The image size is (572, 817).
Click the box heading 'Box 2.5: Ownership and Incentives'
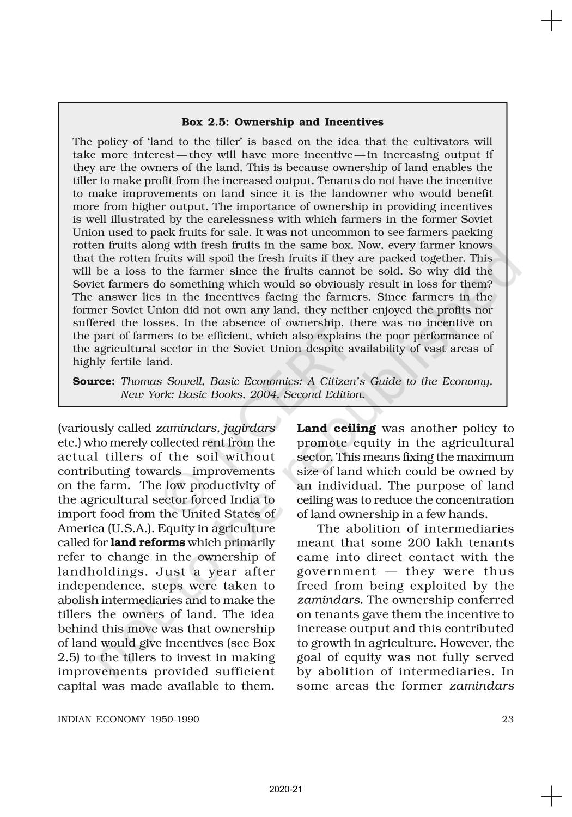point(282,122)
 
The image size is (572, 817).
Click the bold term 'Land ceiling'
point(336,429)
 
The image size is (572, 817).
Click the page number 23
point(507,719)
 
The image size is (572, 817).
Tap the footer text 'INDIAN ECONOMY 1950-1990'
point(129,719)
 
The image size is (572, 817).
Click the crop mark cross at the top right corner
point(551,22)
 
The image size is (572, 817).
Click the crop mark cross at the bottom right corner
point(551,796)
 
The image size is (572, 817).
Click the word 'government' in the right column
point(336,571)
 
